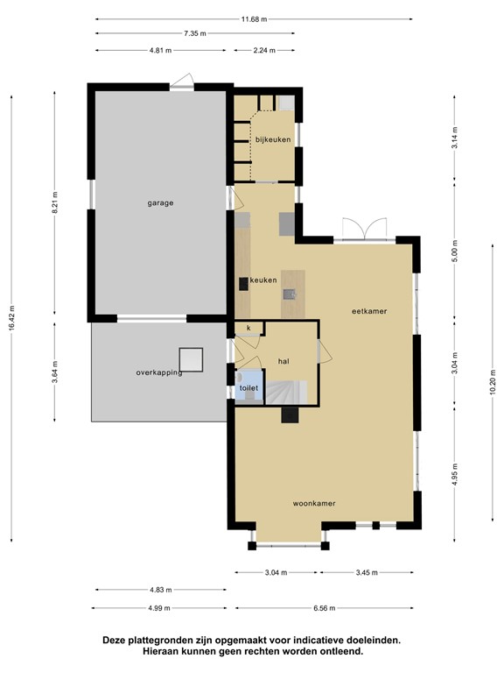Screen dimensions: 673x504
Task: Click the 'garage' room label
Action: [160, 202]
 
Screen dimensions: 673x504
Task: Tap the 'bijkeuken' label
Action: [272, 139]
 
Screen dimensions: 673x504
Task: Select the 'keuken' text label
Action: [263, 280]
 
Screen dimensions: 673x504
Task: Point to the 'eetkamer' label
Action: [369, 310]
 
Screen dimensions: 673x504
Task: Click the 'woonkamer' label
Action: [315, 503]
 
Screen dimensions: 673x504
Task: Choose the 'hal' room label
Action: [283, 360]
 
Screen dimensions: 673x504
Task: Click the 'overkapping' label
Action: [158, 372]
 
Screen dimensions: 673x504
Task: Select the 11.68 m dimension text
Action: [255, 18]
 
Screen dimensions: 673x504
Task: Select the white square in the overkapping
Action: [191, 359]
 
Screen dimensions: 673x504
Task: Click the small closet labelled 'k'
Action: [249, 329]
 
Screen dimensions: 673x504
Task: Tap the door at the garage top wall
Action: [182, 81]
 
